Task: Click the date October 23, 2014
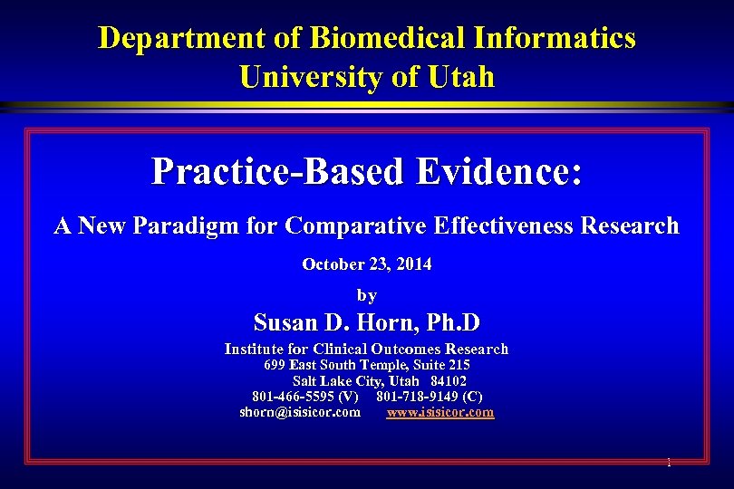[367, 264]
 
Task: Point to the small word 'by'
[367, 295]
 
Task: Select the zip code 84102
[449, 381]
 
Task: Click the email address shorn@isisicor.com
[300, 412]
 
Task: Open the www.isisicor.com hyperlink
[440, 412]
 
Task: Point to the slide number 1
[669, 463]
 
